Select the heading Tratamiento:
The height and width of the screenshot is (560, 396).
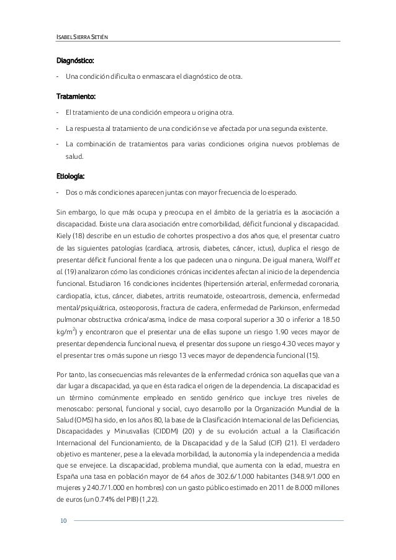coord(74,96)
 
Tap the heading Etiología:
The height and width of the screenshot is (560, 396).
coord(70,174)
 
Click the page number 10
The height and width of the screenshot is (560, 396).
coord(63,519)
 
